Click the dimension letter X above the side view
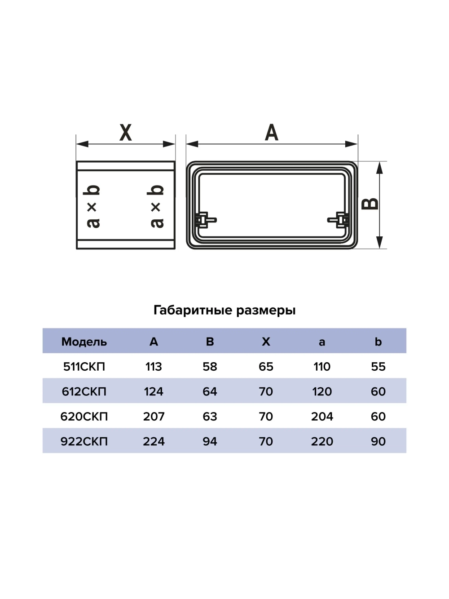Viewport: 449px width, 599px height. [x=125, y=133]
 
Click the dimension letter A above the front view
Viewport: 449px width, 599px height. [x=272, y=133]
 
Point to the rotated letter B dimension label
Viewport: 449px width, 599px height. [x=370, y=204]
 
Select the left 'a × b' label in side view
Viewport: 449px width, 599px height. [x=93, y=206]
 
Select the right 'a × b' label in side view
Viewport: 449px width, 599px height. [x=156, y=206]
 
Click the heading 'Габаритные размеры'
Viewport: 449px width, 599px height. [x=224, y=310]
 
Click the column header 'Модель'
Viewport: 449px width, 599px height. [x=84, y=342]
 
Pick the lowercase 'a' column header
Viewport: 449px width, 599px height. [x=322, y=342]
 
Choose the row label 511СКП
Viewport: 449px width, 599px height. [x=84, y=367]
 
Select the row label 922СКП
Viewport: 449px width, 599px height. [x=84, y=441]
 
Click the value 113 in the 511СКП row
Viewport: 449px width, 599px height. [x=154, y=367]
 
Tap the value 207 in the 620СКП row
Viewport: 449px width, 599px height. [x=154, y=417]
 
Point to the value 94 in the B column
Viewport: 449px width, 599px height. [x=210, y=441]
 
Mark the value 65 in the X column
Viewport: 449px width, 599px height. [x=266, y=367]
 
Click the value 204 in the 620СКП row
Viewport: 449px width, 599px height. [x=322, y=417]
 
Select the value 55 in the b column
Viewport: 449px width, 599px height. [x=378, y=367]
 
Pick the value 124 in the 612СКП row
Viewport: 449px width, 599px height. [x=154, y=391]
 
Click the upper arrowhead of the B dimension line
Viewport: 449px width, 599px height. [x=379, y=168]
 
